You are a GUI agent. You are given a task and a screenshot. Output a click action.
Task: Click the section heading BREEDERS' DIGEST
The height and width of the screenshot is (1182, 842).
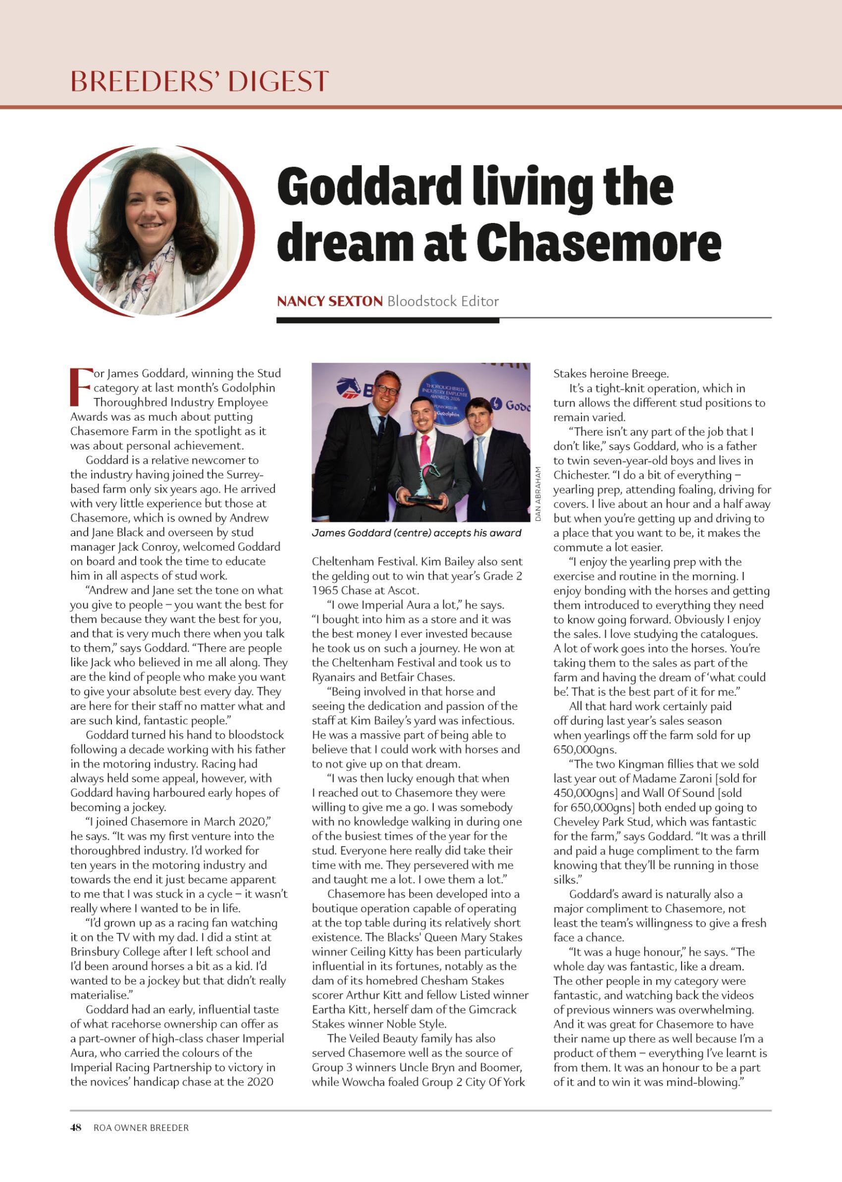click(x=200, y=81)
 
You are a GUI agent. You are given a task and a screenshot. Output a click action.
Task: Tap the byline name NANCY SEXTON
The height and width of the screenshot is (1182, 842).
click(x=330, y=301)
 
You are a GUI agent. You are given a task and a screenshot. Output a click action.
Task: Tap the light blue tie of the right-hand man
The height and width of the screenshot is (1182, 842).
click(x=480, y=456)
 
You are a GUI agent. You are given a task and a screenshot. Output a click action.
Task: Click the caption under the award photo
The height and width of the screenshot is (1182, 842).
click(x=416, y=533)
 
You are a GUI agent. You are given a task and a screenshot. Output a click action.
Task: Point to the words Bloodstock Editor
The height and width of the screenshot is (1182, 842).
click(x=443, y=301)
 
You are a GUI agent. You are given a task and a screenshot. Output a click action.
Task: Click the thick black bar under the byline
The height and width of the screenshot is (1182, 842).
click(x=387, y=321)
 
